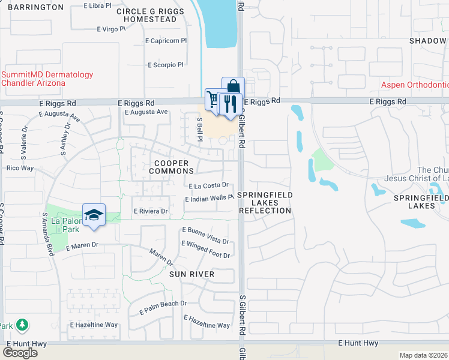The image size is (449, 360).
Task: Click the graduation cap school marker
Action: [x=94, y=215]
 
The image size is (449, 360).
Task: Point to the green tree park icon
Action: [x=22, y=325]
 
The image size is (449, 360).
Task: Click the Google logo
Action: [x=20, y=352]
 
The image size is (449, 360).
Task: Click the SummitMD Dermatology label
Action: [x=47, y=79]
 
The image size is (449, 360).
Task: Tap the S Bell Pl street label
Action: [x=200, y=129]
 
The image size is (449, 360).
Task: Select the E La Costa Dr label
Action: [x=209, y=186]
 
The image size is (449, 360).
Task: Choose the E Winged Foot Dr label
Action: [x=205, y=256]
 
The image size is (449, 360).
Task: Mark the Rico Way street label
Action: [x=19, y=168]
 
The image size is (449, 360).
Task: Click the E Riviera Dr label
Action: [x=150, y=211]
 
